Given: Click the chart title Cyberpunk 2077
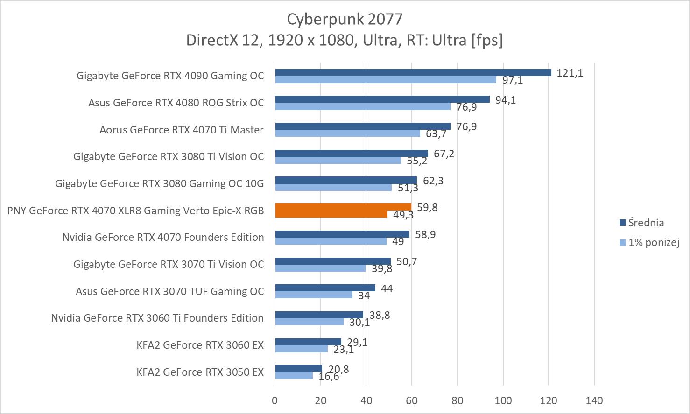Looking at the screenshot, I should click(344, 19).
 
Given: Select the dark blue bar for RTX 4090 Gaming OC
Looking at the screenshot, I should click(413, 72).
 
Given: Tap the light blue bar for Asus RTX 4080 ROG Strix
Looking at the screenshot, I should click(363, 106).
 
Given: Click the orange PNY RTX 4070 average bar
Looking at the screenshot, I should click(343, 207).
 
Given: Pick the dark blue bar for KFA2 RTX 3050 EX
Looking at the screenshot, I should click(298, 369).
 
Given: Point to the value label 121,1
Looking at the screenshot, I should click(570, 73).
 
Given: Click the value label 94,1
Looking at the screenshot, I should click(506, 100).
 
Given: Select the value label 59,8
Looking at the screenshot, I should click(427, 207).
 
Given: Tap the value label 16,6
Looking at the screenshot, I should click(329, 376).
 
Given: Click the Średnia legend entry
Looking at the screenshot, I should click(646, 223).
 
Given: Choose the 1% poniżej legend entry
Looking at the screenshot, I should click(653, 242).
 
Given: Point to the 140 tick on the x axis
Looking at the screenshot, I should click(594, 400).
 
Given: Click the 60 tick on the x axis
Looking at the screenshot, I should click(412, 400).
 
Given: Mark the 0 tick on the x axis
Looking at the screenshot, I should click(275, 400).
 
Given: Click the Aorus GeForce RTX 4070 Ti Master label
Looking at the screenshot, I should click(181, 130).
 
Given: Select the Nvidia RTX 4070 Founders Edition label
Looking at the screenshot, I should click(163, 237).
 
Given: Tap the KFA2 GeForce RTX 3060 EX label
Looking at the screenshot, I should click(200, 345).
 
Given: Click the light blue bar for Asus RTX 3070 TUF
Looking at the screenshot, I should click(314, 295).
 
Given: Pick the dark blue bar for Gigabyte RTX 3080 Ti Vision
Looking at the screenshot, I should click(352, 153).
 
